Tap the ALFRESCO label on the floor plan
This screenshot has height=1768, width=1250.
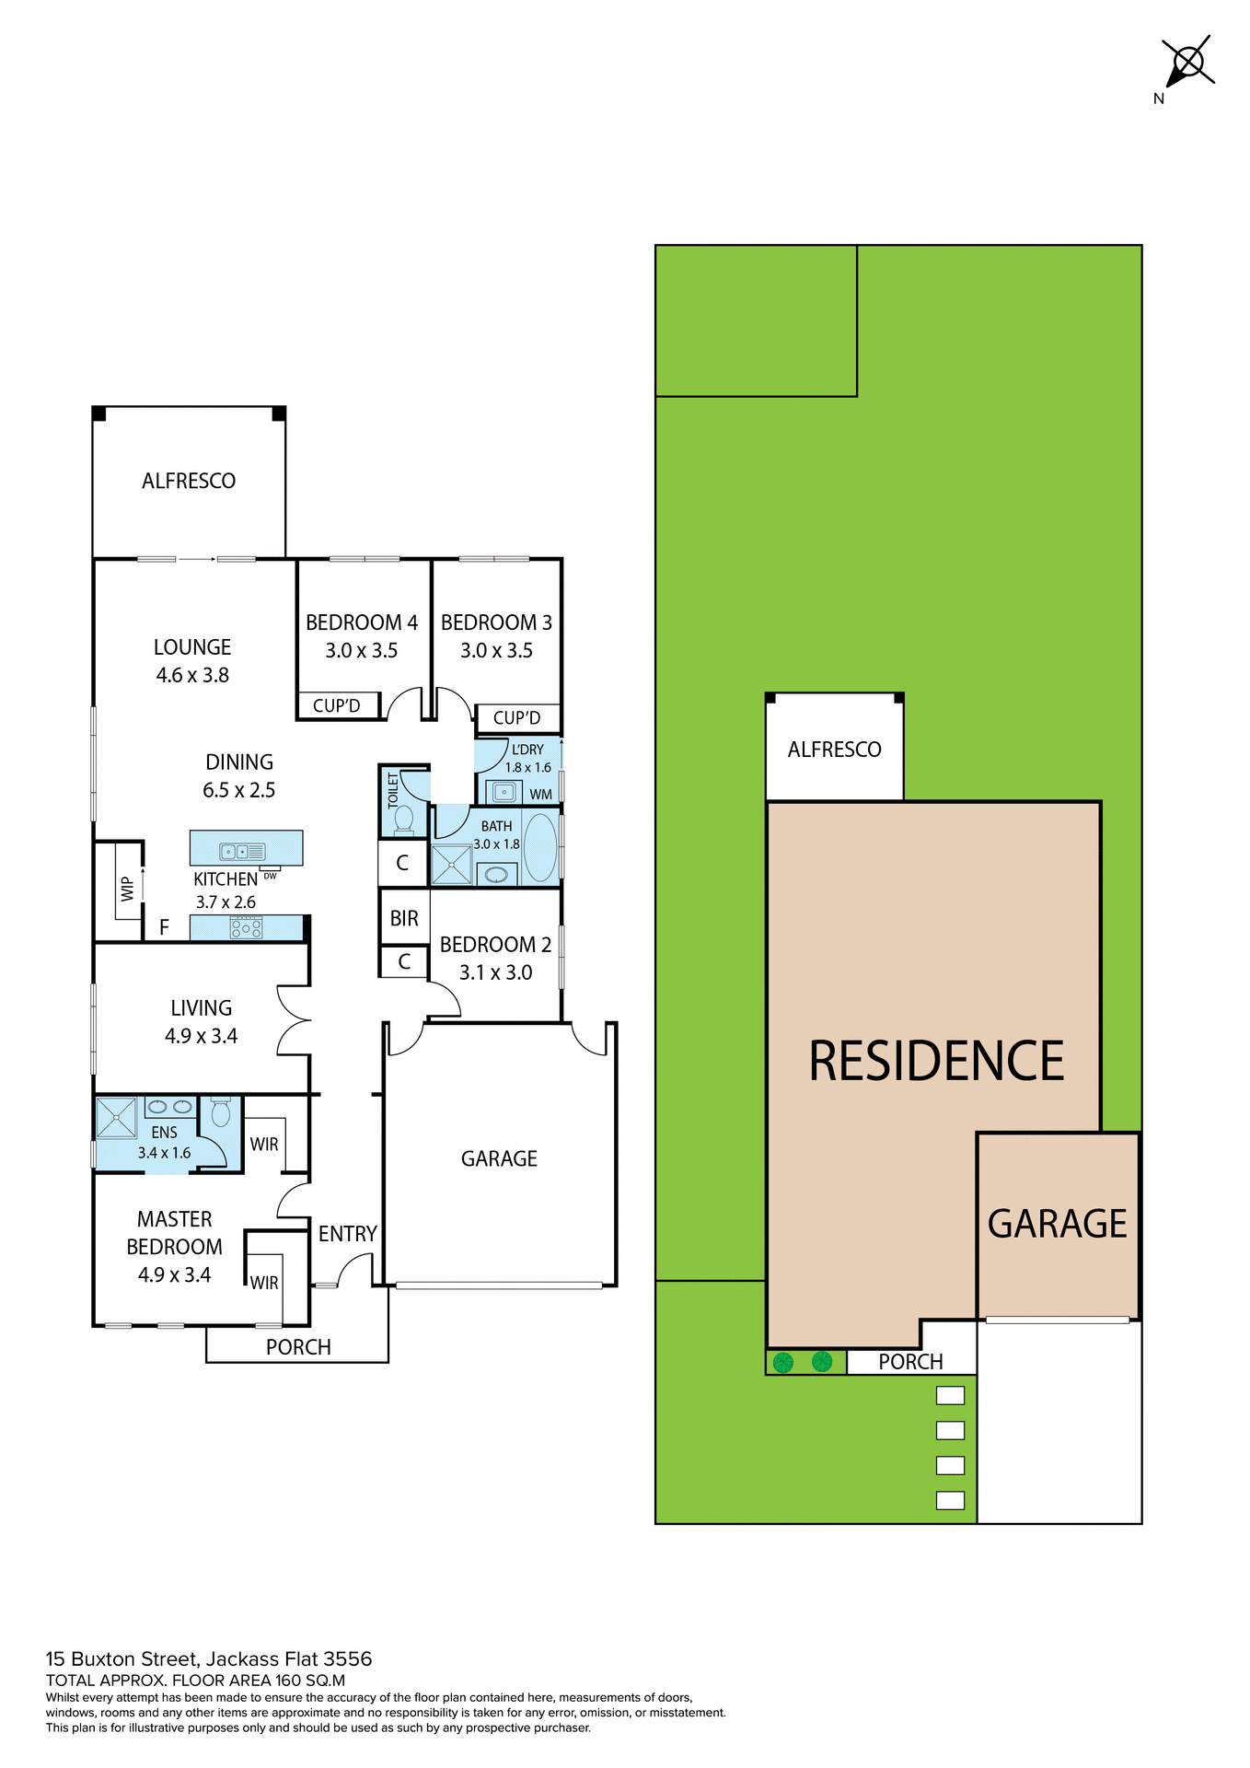[x=189, y=481]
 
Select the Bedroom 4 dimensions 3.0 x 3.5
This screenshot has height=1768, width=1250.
[x=361, y=651]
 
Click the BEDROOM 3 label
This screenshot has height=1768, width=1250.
[x=496, y=622]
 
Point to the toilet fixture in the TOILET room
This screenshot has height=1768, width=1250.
[x=403, y=819]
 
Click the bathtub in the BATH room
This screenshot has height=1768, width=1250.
[x=540, y=847]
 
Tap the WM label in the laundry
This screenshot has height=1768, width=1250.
[x=540, y=794]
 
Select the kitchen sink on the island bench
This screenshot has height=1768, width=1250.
[x=242, y=852]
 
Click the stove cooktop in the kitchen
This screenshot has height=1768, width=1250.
[x=246, y=927]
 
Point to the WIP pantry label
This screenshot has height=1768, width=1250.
[x=128, y=889]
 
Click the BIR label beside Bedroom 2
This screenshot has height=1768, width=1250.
[x=404, y=918]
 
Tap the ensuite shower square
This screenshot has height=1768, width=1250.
[x=116, y=1119]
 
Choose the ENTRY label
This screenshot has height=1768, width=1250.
[x=347, y=1234]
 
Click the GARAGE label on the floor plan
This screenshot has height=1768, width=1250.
[x=499, y=1158]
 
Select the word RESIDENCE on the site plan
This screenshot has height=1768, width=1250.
[x=936, y=1061]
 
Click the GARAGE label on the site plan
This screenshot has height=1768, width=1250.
[x=1057, y=1224]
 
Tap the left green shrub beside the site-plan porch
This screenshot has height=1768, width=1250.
[x=783, y=1362]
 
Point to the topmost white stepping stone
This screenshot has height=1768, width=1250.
[x=950, y=1395]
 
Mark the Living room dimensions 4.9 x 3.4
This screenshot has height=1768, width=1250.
[x=201, y=1036]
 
